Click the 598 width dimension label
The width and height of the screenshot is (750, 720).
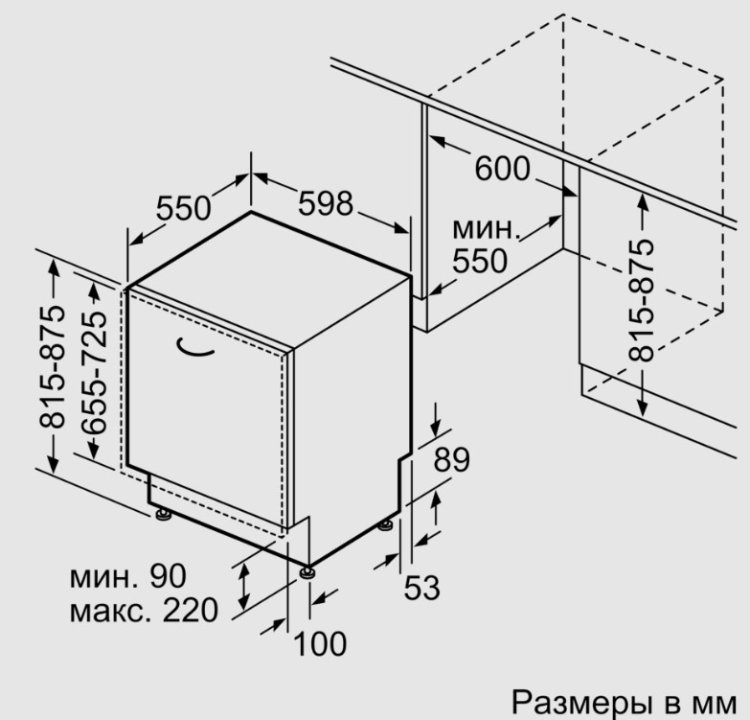point(326,203)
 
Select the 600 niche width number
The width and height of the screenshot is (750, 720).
point(502,168)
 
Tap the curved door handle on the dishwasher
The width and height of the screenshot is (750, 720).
point(194,348)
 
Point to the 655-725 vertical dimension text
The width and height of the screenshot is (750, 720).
point(93,372)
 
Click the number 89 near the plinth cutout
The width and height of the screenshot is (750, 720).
point(451,459)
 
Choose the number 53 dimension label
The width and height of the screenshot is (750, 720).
point(421,588)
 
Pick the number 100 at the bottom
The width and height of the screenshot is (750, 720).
point(320,643)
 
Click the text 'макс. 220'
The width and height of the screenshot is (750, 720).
point(144,610)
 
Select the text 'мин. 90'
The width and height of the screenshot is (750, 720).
point(127,576)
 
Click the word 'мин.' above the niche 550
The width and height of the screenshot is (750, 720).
point(486,229)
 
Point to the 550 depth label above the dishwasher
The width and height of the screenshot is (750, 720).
point(184,208)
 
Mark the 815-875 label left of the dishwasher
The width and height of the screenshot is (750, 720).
point(52,366)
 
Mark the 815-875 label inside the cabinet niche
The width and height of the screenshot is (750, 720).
point(641,300)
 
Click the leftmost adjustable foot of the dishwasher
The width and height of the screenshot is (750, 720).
point(163,514)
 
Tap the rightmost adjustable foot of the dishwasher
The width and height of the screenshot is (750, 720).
point(385,525)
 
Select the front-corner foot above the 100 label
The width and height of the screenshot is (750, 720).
point(307,572)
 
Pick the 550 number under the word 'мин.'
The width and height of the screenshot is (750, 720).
point(480,261)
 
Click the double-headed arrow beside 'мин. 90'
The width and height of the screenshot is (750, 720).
point(244,586)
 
